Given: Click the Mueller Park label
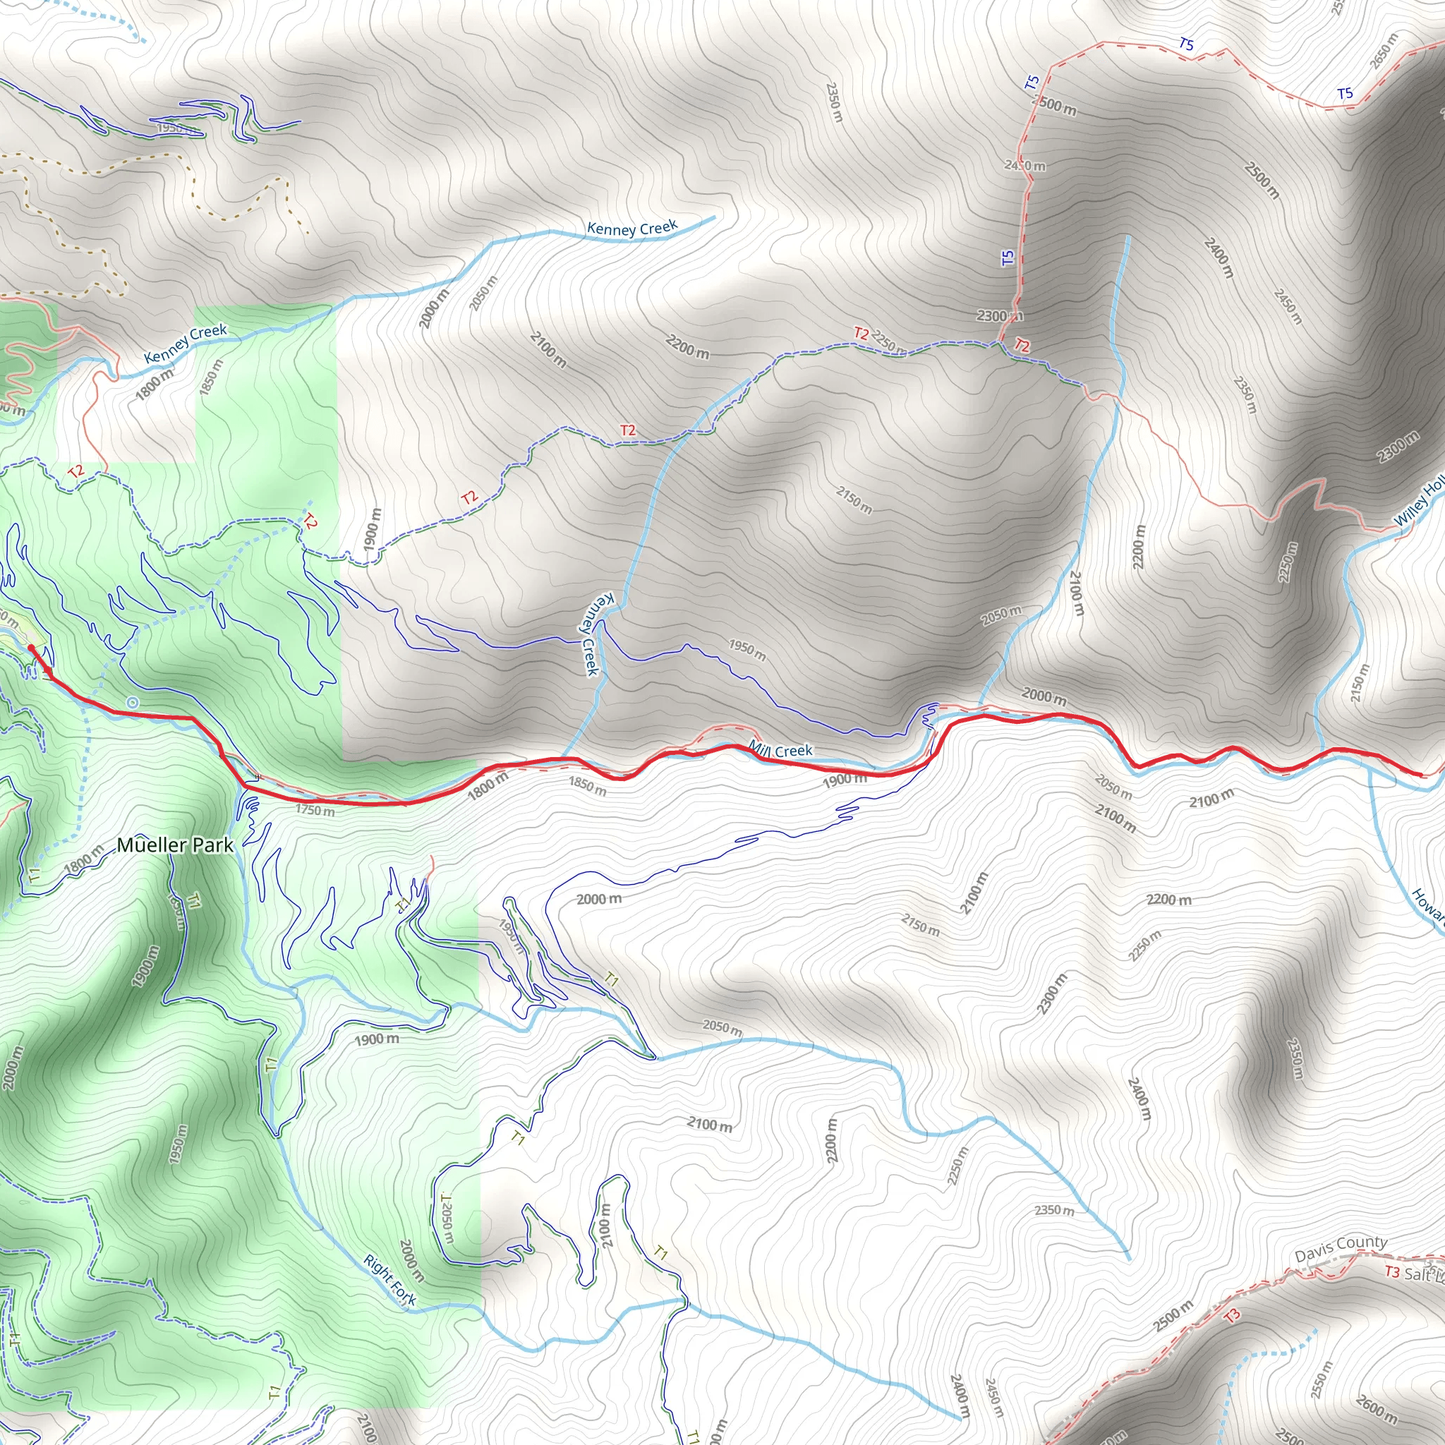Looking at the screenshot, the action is (x=175, y=845).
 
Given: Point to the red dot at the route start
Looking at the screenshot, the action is (x=30, y=648).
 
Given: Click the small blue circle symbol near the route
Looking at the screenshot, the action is (x=133, y=702).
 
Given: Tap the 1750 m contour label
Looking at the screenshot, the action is (x=315, y=810).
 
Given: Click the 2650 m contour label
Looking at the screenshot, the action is (x=1384, y=51).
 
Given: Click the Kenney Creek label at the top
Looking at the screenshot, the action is (x=632, y=227).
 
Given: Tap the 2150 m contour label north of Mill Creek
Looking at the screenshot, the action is (x=854, y=500).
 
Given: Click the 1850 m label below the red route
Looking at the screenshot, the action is (x=587, y=785).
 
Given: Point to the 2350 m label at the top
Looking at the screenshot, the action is (x=834, y=102).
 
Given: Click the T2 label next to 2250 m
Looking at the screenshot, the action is (x=861, y=334).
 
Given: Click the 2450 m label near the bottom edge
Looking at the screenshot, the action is (x=993, y=1397).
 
